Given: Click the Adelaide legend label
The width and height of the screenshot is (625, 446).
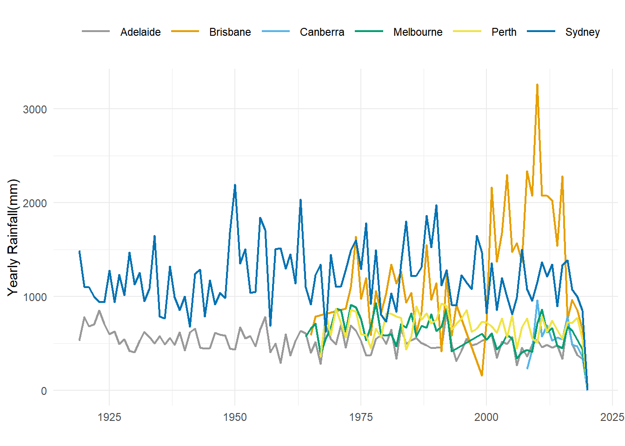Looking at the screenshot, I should point(140,32).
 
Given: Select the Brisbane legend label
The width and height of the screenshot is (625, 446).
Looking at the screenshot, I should point(230,32).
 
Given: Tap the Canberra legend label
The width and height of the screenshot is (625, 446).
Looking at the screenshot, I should point(322,32).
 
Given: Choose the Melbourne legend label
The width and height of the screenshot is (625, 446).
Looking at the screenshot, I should point(418,32).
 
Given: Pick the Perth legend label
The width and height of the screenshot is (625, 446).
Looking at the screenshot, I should point(504,32).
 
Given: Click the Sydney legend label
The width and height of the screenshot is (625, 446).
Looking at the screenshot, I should point(582,32).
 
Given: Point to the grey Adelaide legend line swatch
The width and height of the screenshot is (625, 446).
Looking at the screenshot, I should point(96,32).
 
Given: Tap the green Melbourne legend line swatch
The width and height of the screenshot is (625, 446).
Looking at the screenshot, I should point(369,32).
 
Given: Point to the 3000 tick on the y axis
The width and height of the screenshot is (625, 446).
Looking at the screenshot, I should point(35,109).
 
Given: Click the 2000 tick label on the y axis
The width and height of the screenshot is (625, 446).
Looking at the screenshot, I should point(35,203).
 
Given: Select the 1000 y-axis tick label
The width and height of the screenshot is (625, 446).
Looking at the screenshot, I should point(35,297).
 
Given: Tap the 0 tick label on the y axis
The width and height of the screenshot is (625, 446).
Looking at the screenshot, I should point(44,391).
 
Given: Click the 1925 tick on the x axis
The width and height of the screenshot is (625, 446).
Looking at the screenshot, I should point(109,417).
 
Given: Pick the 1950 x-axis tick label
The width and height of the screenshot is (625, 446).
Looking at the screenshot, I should point(235,417).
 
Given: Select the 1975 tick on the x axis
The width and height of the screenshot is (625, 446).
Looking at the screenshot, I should point(361,417).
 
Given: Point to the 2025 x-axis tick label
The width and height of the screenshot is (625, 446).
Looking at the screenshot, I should point(612,417).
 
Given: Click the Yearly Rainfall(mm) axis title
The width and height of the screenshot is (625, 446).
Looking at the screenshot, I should point(13,237).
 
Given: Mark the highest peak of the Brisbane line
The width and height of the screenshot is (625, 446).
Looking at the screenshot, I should point(537,85).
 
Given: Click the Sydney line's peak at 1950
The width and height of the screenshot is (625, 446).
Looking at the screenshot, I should point(235,185).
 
